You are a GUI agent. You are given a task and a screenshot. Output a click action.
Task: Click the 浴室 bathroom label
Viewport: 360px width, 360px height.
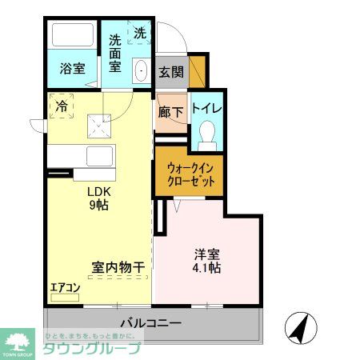click(72, 69)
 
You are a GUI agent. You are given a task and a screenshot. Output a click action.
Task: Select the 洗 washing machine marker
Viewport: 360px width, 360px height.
click(140, 33)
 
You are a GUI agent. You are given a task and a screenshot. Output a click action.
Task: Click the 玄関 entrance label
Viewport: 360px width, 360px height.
click(170, 71)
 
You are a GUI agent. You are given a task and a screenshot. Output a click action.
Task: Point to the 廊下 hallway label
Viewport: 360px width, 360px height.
click(170, 113)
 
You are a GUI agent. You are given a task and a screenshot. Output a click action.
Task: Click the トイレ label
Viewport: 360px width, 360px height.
click(206, 108)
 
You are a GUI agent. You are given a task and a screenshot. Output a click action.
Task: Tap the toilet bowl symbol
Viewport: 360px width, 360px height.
click(206, 132)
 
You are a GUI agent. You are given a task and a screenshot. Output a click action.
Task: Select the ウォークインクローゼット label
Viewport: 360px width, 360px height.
click(190, 175)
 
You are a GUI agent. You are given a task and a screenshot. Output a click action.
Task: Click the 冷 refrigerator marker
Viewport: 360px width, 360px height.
click(61, 104)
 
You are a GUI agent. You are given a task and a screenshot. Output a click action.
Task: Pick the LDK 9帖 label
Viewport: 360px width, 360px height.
click(98, 198)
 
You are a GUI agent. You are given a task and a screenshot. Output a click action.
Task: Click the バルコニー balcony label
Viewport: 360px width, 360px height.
click(150, 323)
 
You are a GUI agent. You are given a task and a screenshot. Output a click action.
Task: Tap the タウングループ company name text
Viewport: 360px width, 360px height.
click(91, 349)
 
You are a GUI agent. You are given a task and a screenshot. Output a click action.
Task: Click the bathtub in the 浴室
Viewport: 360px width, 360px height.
click(73, 37)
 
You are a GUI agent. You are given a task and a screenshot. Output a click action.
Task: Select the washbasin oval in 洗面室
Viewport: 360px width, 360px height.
click(141, 71)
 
